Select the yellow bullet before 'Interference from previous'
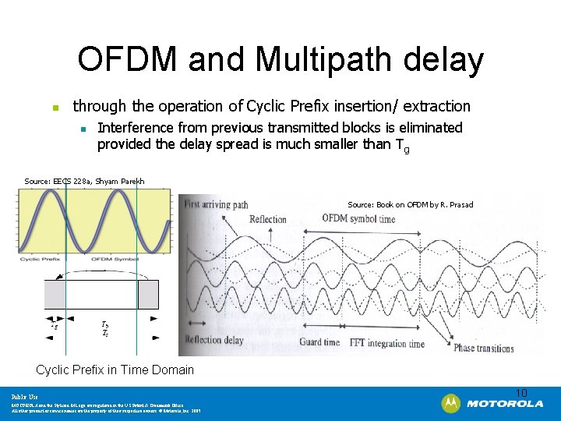click(x=83, y=128)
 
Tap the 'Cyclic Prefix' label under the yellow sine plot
click(x=41, y=259)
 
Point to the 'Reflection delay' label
click(x=214, y=339)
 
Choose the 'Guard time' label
click(x=319, y=342)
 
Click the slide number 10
click(x=521, y=392)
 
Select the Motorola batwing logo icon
click(x=450, y=404)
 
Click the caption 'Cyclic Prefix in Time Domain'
click(x=115, y=370)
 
